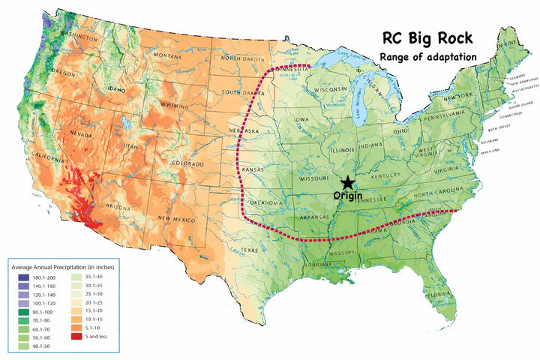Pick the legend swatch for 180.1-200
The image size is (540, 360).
pos(18,277)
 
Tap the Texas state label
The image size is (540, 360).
pos(249,250)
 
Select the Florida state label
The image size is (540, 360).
pos(439,294)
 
